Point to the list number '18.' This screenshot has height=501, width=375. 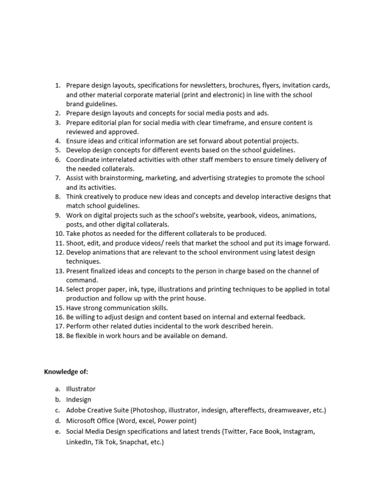(x=59, y=336)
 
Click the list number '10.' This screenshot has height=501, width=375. (x=59, y=233)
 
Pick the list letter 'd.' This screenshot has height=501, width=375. (x=58, y=421)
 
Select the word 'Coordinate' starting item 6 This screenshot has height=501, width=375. (x=83, y=159)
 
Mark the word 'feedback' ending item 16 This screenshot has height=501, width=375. (x=291, y=317)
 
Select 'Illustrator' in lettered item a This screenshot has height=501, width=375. (x=81, y=389)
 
